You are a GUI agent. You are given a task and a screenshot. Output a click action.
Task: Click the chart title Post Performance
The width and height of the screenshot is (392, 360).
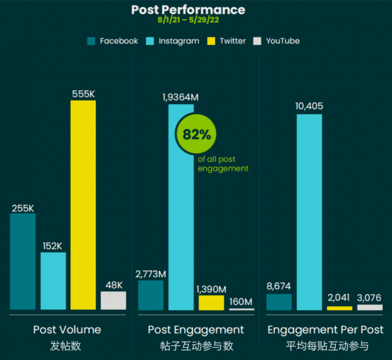pos(188,9)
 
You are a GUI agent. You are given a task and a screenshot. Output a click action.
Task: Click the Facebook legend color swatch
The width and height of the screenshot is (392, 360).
pos(91,41)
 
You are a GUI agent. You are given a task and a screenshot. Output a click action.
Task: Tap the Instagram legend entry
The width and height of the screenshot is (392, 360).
pos(174,41)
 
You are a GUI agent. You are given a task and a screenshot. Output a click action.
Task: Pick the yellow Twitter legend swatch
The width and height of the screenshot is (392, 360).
pos(212,41)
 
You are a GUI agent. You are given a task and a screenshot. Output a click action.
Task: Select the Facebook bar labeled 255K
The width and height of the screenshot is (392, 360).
pos(23,261)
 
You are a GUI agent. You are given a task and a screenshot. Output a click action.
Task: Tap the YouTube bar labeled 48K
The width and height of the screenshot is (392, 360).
pos(113,300)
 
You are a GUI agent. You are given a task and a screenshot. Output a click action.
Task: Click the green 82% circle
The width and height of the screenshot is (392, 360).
pos(197,135)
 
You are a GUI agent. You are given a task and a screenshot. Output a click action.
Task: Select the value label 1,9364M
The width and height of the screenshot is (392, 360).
pos(181,97)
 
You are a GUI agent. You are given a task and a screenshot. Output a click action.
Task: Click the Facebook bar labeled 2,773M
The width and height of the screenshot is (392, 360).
pos(151,295)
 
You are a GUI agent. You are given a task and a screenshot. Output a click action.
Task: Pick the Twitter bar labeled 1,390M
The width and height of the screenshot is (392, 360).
pos(211,302)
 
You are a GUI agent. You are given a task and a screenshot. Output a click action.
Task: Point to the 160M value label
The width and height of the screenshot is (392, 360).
pos(241,302)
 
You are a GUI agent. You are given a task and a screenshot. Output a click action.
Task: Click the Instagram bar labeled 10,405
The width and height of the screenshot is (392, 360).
pos(309,212)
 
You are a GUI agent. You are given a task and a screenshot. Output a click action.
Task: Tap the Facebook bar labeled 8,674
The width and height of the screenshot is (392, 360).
pos(279,302)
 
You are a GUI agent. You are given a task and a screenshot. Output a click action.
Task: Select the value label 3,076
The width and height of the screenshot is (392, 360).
pos(370,297)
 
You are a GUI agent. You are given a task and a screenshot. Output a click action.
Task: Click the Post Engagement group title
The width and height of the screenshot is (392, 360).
pos(196,330)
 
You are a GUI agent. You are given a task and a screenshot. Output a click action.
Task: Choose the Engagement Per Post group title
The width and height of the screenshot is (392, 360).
pos(325,330)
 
